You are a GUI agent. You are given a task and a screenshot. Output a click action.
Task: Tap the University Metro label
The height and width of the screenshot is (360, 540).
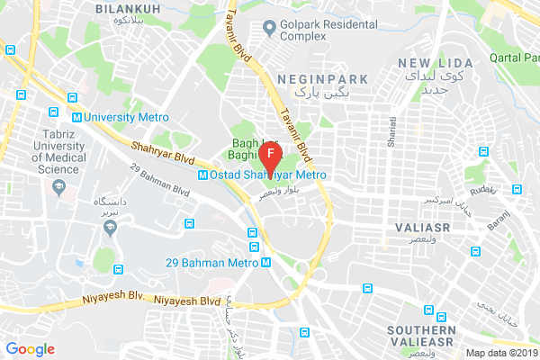tap(116, 117)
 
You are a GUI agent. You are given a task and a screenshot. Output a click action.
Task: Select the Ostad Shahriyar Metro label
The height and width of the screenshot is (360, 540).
tap(261, 175)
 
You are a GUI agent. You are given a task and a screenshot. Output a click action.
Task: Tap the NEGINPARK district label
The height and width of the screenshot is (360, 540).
tap(323, 79)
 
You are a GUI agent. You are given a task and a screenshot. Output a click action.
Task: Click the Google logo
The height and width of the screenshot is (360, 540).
tap(31, 349)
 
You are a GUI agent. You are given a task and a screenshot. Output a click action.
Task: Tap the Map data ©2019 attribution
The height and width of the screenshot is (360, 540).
tap(501, 352)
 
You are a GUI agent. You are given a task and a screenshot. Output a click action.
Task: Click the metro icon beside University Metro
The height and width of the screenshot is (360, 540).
tap(78, 117)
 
